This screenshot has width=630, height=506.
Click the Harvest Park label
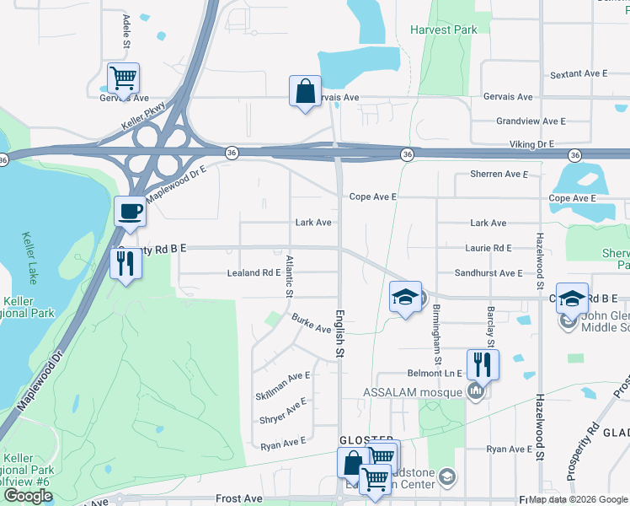pyautogui.click(x=443, y=30)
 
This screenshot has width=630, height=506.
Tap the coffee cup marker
pyautogui.click(x=130, y=211)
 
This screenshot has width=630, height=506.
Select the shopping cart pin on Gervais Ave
pyautogui.click(x=123, y=78)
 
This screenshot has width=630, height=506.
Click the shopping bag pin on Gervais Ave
pyautogui.click(x=305, y=91)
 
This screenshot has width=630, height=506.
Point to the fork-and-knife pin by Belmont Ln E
pyautogui.click(x=483, y=364)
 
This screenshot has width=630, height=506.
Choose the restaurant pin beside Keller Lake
pyautogui.click(x=126, y=264)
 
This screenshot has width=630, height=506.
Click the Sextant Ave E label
pyautogui.click(x=578, y=74)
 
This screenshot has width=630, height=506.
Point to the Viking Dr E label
pyautogui.click(x=526, y=144)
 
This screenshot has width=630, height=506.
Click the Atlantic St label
pyautogui.click(x=288, y=277)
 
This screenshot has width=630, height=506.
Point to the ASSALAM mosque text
pyautogui.click(x=413, y=392)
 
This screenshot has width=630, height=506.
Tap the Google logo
pyautogui.click(x=28, y=496)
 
